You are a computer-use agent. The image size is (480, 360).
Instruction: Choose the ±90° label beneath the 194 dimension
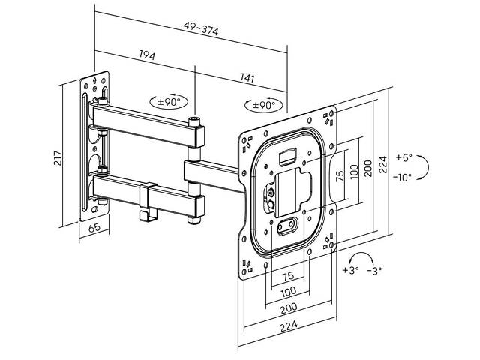169,101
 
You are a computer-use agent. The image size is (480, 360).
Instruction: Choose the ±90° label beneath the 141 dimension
264,103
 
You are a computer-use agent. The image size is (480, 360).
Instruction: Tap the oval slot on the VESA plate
286,223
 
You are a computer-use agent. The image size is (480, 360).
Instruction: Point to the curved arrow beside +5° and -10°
422,168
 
